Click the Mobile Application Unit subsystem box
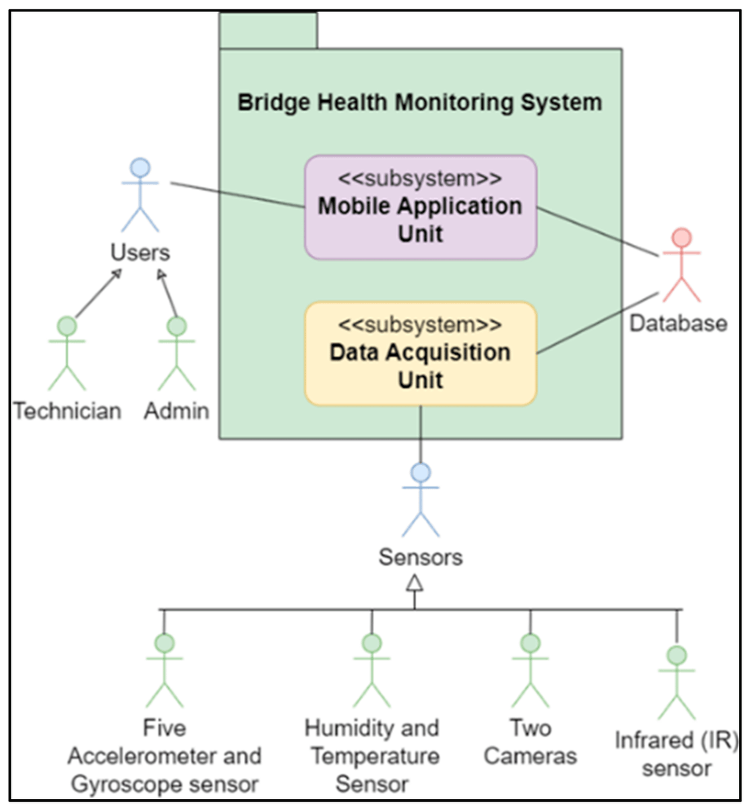[420, 208]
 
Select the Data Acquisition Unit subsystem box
[420, 354]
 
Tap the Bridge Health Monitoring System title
[419, 102]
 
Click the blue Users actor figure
[140, 196]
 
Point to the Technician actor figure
[67, 353]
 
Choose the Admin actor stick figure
[177, 353]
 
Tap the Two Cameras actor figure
[531, 671]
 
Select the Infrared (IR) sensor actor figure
[676, 682]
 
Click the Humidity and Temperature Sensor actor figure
[371, 671]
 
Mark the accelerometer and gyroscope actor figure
[164, 671]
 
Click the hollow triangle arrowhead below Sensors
[415, 583]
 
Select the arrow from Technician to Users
[98, 293]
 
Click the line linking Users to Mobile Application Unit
[236, 195]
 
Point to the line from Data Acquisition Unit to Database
[597, 323]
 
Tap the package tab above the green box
[268, 31]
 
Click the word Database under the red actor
[678, 323]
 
